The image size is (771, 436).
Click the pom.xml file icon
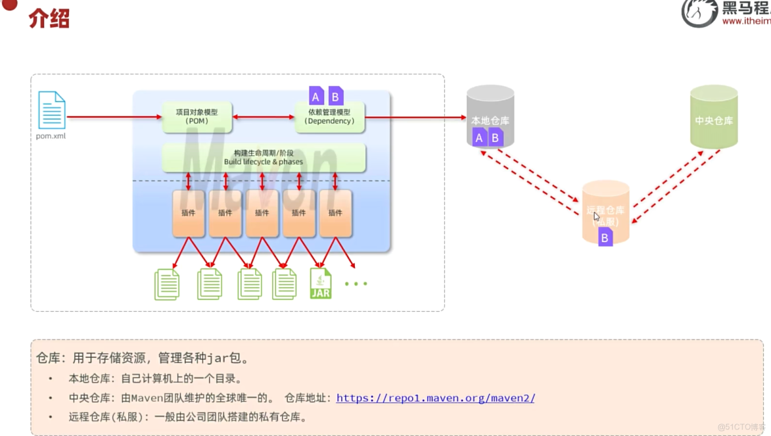coord(51,110)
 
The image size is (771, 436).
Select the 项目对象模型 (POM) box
coord(197,117)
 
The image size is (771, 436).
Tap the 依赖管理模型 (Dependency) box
coord(329,117)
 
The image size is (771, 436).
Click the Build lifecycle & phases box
coord(263,158)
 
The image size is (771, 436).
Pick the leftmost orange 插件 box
coord(189,213)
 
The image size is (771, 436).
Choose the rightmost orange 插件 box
coord(335,213)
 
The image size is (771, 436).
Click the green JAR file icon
coord(320,284)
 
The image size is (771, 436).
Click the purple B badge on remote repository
coord(605,238)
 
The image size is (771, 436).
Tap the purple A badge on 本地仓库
coord(479,137)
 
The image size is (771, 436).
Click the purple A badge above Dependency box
coord(316,97)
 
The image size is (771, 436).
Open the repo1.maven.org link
coord(435,398)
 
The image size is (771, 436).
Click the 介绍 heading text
coord(49,19)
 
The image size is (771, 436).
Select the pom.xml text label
coord(51,137)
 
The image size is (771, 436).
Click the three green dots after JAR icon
coord(356,284)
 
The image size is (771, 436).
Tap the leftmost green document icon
coord(167,284)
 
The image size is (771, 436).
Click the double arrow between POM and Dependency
coord(264,117)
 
